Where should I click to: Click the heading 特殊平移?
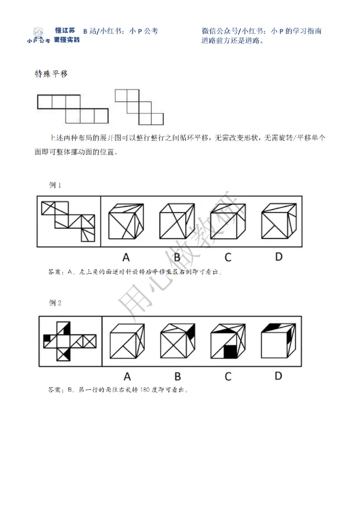pos(51,74)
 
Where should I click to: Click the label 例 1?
pos(55,185)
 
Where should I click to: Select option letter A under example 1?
pos(126,257)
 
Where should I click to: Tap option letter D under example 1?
pos(279,257)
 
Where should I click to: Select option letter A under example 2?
pos(127,376)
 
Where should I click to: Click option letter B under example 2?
pos(177,376)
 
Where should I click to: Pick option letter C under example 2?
pos(228,376)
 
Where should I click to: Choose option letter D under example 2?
pos(279,375)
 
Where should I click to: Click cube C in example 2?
pos(228,342)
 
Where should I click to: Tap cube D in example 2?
pos(279,342)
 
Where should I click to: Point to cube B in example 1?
pos(177,222)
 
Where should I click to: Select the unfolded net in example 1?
pos(68,221)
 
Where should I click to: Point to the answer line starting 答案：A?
pos(135,272)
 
